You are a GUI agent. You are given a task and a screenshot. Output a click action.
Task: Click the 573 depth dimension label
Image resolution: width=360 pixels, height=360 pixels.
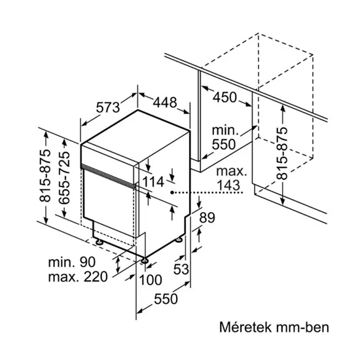[x=108, y=107]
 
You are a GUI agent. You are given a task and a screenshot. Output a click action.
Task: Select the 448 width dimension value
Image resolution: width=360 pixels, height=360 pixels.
[x=165, y=102]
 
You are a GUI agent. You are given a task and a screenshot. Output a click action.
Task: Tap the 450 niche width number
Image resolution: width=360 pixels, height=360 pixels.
[x=225, y=97]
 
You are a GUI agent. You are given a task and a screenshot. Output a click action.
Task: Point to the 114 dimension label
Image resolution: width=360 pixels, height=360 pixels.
[x=153, y=182]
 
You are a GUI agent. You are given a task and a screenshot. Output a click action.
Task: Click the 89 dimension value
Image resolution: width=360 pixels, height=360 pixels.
[x=207, y=218]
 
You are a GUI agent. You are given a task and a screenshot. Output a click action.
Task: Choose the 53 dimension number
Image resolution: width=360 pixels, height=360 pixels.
[x=181, y=269]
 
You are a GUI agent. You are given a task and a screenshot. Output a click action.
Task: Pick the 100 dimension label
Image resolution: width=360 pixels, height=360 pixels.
[x=151, y=280]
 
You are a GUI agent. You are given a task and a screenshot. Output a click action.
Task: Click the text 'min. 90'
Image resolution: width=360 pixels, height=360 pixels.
[x=71, y=262]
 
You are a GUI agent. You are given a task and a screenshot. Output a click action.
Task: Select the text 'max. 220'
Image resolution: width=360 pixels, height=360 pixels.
[x=78, y=277]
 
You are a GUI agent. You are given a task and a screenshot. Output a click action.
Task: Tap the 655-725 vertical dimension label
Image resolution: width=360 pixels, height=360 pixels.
[x=64, y=177]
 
